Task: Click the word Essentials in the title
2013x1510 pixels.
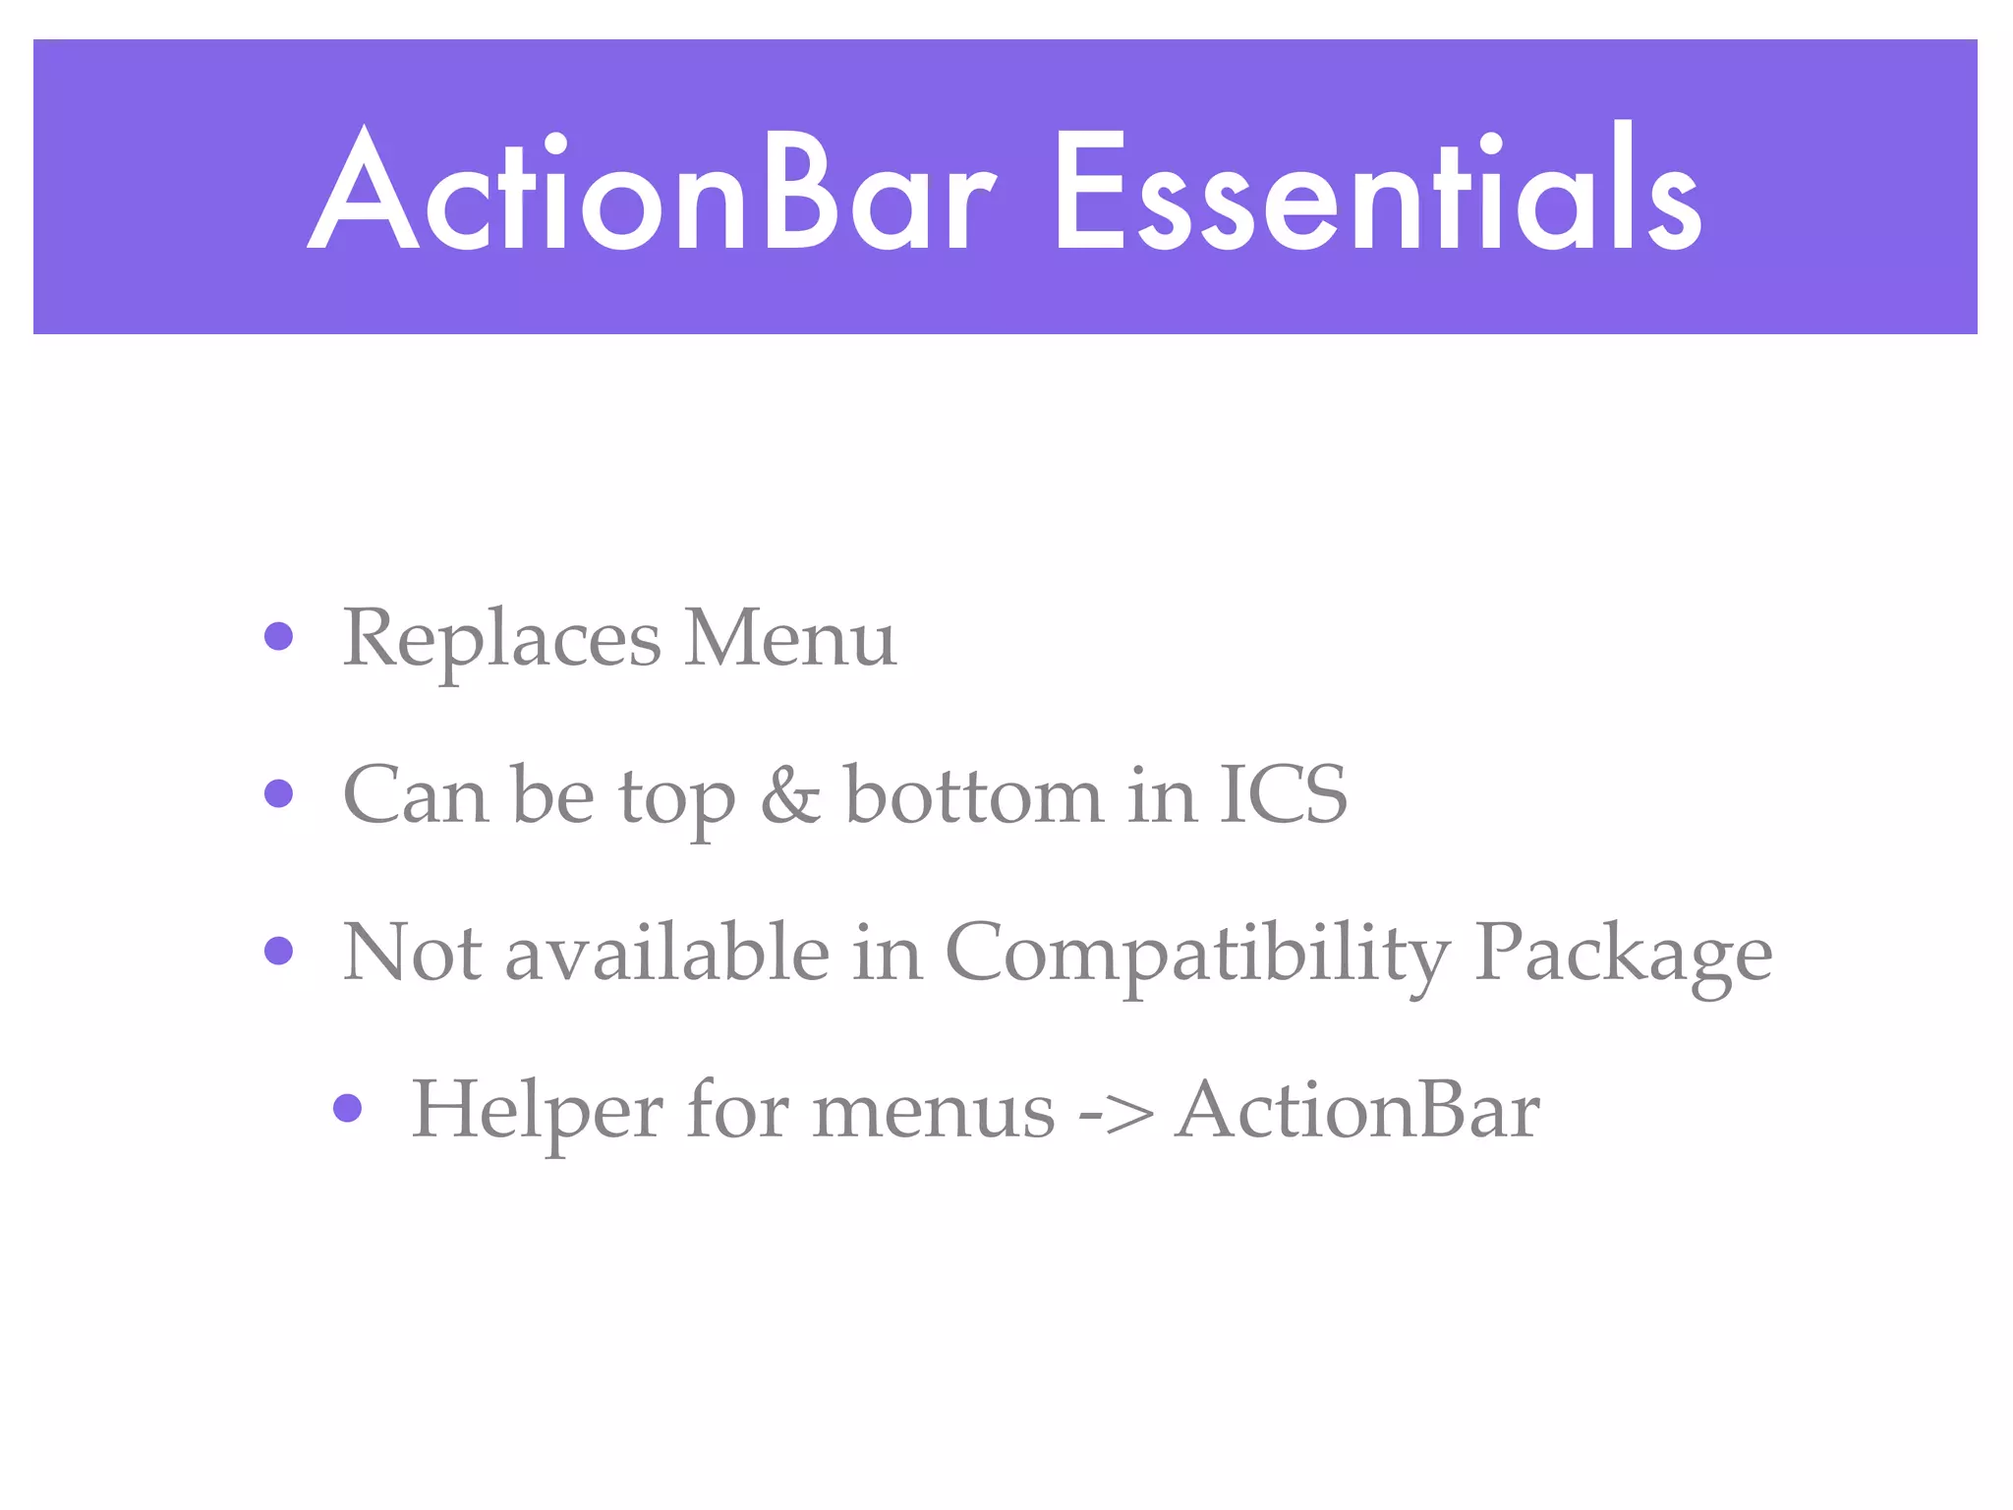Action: coord(1376,192)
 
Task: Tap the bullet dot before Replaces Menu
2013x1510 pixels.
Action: coord(279,636)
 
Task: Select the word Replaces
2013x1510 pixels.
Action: coord(501,639)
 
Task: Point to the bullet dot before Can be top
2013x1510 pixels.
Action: coord(279,793)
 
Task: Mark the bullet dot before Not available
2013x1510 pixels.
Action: coord(279,951)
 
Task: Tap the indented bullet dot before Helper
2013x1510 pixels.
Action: coord(347,1108)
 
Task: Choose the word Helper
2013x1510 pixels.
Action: coord(537,1111)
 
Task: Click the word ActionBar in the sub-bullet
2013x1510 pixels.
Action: coord(1357,1111)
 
